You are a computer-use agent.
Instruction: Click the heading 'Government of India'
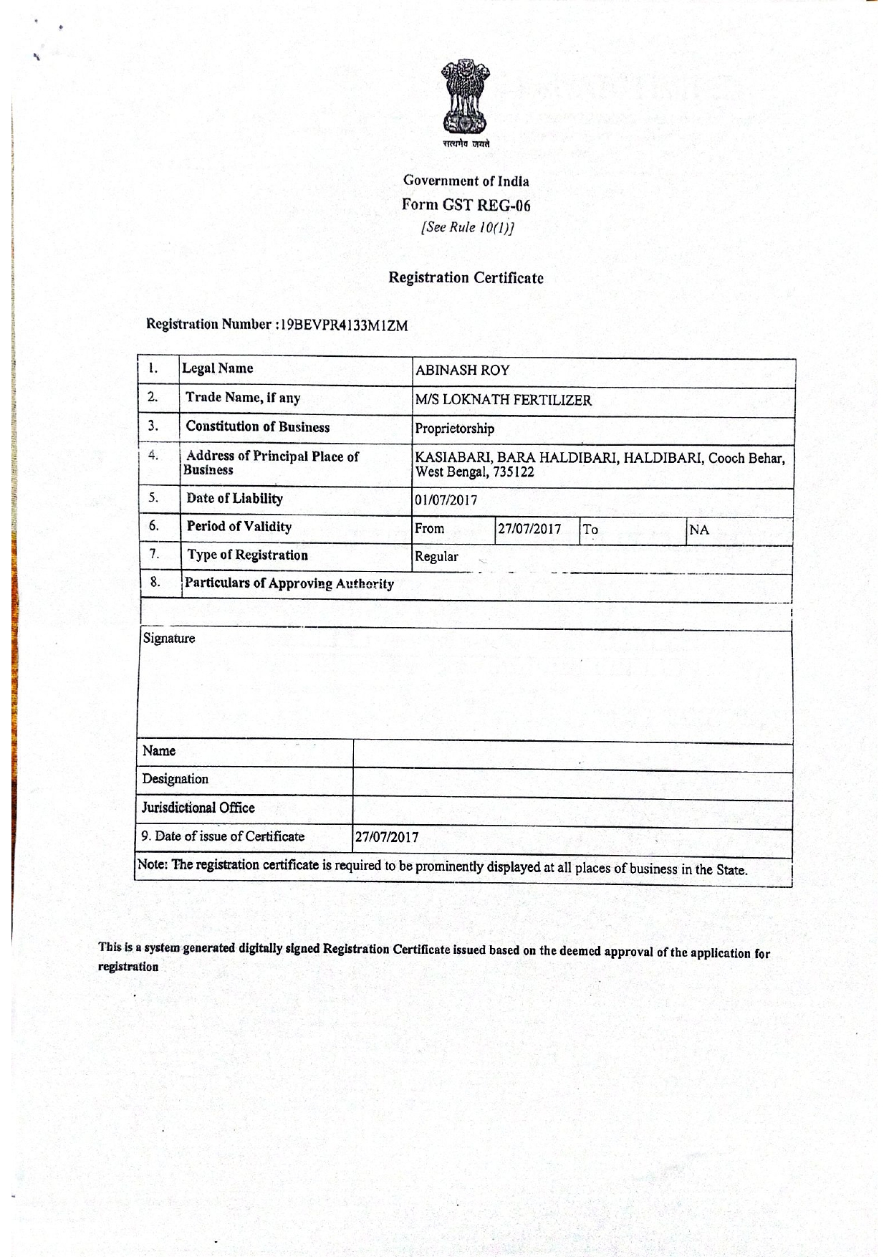466,181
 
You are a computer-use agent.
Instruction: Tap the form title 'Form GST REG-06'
466,205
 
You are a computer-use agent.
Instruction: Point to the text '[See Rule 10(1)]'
467,227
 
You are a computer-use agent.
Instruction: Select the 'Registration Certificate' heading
466,278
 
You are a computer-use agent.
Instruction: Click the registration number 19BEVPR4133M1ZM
344,325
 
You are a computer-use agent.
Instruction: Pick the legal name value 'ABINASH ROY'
462,371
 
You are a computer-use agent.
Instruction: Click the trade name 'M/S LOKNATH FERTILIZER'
503,400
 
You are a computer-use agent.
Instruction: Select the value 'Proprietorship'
454,429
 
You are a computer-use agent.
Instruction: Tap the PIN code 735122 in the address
513,472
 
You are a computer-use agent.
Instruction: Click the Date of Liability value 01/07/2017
446,500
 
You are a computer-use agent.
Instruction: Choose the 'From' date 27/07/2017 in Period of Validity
529,530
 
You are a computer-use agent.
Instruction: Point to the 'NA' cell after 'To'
698,530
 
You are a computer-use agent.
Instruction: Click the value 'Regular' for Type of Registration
436,557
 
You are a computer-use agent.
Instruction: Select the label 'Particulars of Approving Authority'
289,583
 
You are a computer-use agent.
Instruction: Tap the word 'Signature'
169,639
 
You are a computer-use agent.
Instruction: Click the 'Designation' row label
176,779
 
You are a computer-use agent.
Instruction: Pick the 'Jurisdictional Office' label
198,808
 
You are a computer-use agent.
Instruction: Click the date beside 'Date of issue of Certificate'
387,837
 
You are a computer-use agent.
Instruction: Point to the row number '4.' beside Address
153,455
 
